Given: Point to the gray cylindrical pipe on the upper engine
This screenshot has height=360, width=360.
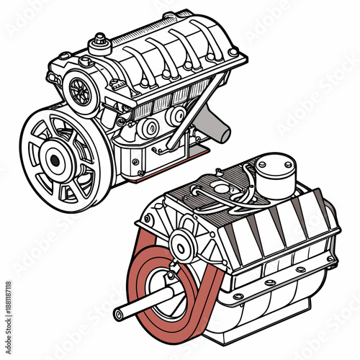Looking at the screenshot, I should coord(215,123).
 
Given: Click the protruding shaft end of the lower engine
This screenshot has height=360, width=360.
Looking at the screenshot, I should coord(120,312).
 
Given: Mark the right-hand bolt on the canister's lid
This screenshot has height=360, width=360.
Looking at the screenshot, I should coord(287,163).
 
